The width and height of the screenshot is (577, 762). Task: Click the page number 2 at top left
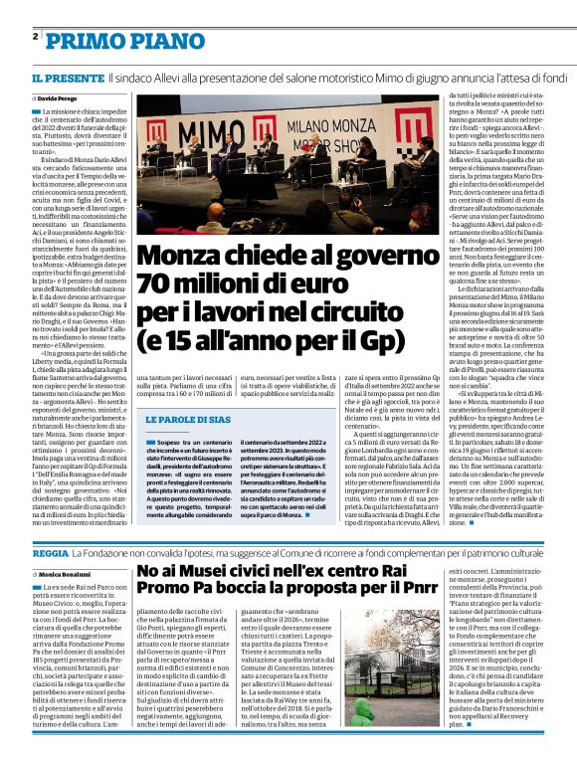[x=35, y=36]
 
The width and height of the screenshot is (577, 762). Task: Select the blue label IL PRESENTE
[x=66, y=78]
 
